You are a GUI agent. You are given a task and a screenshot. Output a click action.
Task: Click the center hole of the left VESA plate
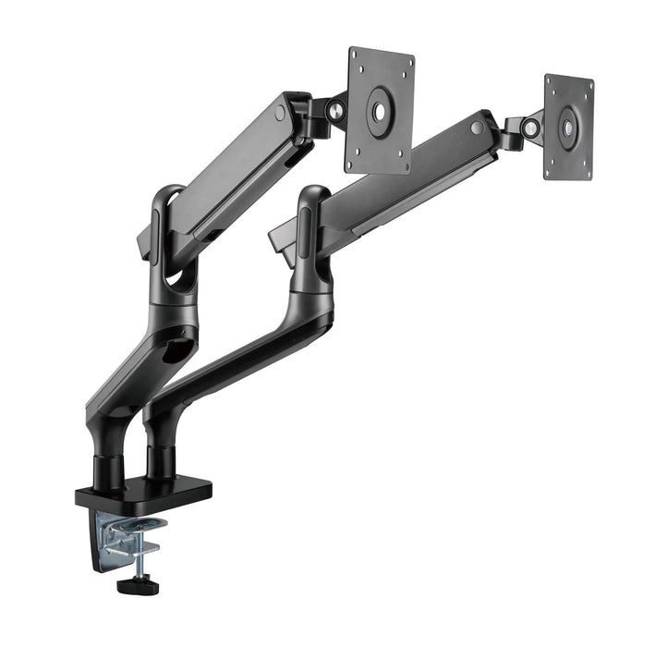(x=380, y=107)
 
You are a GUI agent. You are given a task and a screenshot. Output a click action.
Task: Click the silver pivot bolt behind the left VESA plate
(x=336, y=108)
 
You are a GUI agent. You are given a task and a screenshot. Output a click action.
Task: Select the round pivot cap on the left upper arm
(x=279, y=114)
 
